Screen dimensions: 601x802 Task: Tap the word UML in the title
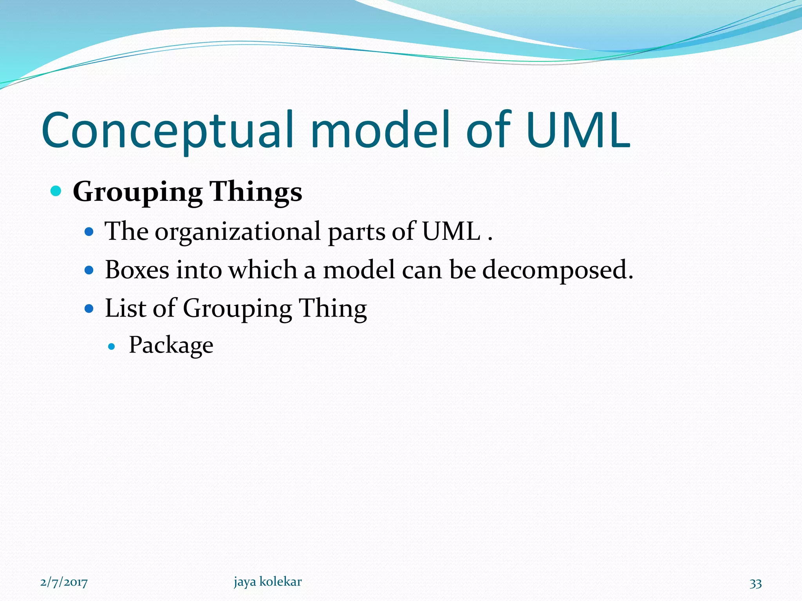(578, 131)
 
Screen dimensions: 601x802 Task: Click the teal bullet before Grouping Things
(56, 191)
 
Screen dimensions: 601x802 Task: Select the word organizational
(238, 232)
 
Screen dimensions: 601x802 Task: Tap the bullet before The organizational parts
(89, 232)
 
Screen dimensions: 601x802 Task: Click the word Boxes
(137, 270)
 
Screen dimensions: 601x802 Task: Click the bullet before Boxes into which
(89, 270)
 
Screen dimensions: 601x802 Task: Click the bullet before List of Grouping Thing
(89, 309)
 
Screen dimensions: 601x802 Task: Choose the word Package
(171, 345)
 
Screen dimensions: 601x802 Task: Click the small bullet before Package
(112, 346)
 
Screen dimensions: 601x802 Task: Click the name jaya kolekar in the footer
(268, 582)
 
